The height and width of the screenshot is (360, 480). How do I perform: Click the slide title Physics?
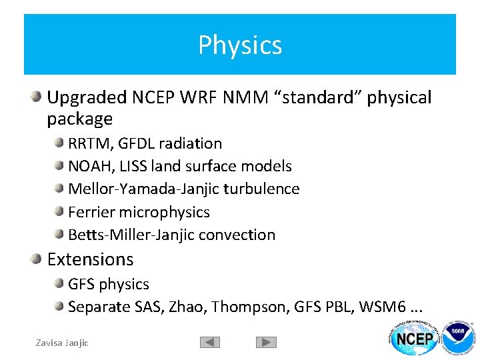pyautogui.click(x=240, y=45)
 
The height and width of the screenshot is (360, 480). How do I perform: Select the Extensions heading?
pyautogui.click(x=90, y=259)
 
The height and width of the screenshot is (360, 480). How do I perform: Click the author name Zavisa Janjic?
pyautogui.click(x=62, y=343)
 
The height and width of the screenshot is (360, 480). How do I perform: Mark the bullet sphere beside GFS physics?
pyautogui.click(x=59, y=284)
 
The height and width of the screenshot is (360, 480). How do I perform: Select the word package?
pyautogui.click(x=80, y=120)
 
